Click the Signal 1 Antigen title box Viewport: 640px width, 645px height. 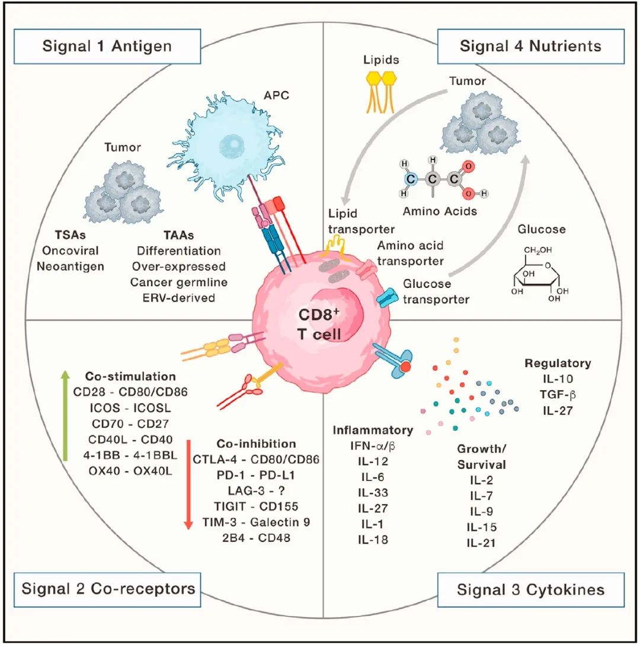(107, 46)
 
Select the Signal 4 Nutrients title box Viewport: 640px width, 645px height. (530, 46)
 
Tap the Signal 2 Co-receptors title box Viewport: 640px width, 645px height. (107, 589)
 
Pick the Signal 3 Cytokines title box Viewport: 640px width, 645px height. (530, 589)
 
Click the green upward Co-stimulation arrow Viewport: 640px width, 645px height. (65, 415)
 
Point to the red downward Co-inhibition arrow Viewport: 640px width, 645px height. (188, 484)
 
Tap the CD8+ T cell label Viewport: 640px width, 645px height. (319, 324)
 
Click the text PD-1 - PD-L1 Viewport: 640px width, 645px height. (256, 475)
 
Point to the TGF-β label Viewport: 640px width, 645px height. (558, 395)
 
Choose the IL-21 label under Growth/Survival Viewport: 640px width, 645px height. (481, 543)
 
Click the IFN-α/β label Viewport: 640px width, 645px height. (373, 445)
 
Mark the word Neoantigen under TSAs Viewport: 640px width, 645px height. (71, 267)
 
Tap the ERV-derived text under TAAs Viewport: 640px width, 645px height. (178, 297)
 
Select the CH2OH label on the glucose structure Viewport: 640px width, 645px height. (537, 250)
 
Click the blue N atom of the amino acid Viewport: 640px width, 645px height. (411, 179)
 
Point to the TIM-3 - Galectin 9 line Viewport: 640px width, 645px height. (256, 522)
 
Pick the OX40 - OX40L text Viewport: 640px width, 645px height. (130, 471)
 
